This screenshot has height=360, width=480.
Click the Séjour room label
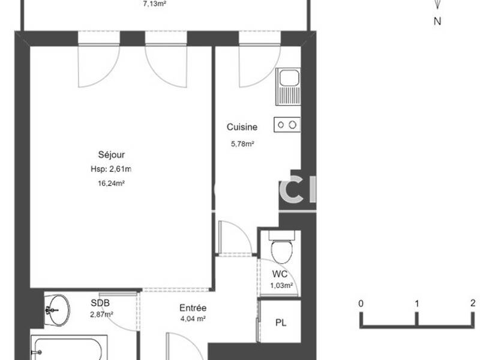pyautogui.click(x=112, y=154)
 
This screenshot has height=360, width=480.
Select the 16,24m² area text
pyautogui.click(x=112, y=184)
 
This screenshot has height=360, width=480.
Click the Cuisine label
pyautogui.click(x=242, y=127)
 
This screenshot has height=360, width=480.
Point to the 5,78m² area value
pyautogui.click(x=242, y=143)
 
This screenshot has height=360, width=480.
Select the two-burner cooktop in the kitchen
pyautogui.click(x=286, y=125)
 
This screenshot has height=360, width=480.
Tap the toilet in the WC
pyautogui.click(x=280, y=249)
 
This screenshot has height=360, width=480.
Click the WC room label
pyautogui.click(x=280, y=274)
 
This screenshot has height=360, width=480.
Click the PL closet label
pyautogui.click(x=280, y=322)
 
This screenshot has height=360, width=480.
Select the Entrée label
pyautogui.click(x=193, y=308)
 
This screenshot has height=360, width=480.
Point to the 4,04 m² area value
pyautogui.click(x=193, y=320)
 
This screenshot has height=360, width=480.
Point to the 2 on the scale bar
pyautogui.click(x=473, y=303)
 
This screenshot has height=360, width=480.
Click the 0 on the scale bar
pyautogui.click(x=361, y=303)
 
